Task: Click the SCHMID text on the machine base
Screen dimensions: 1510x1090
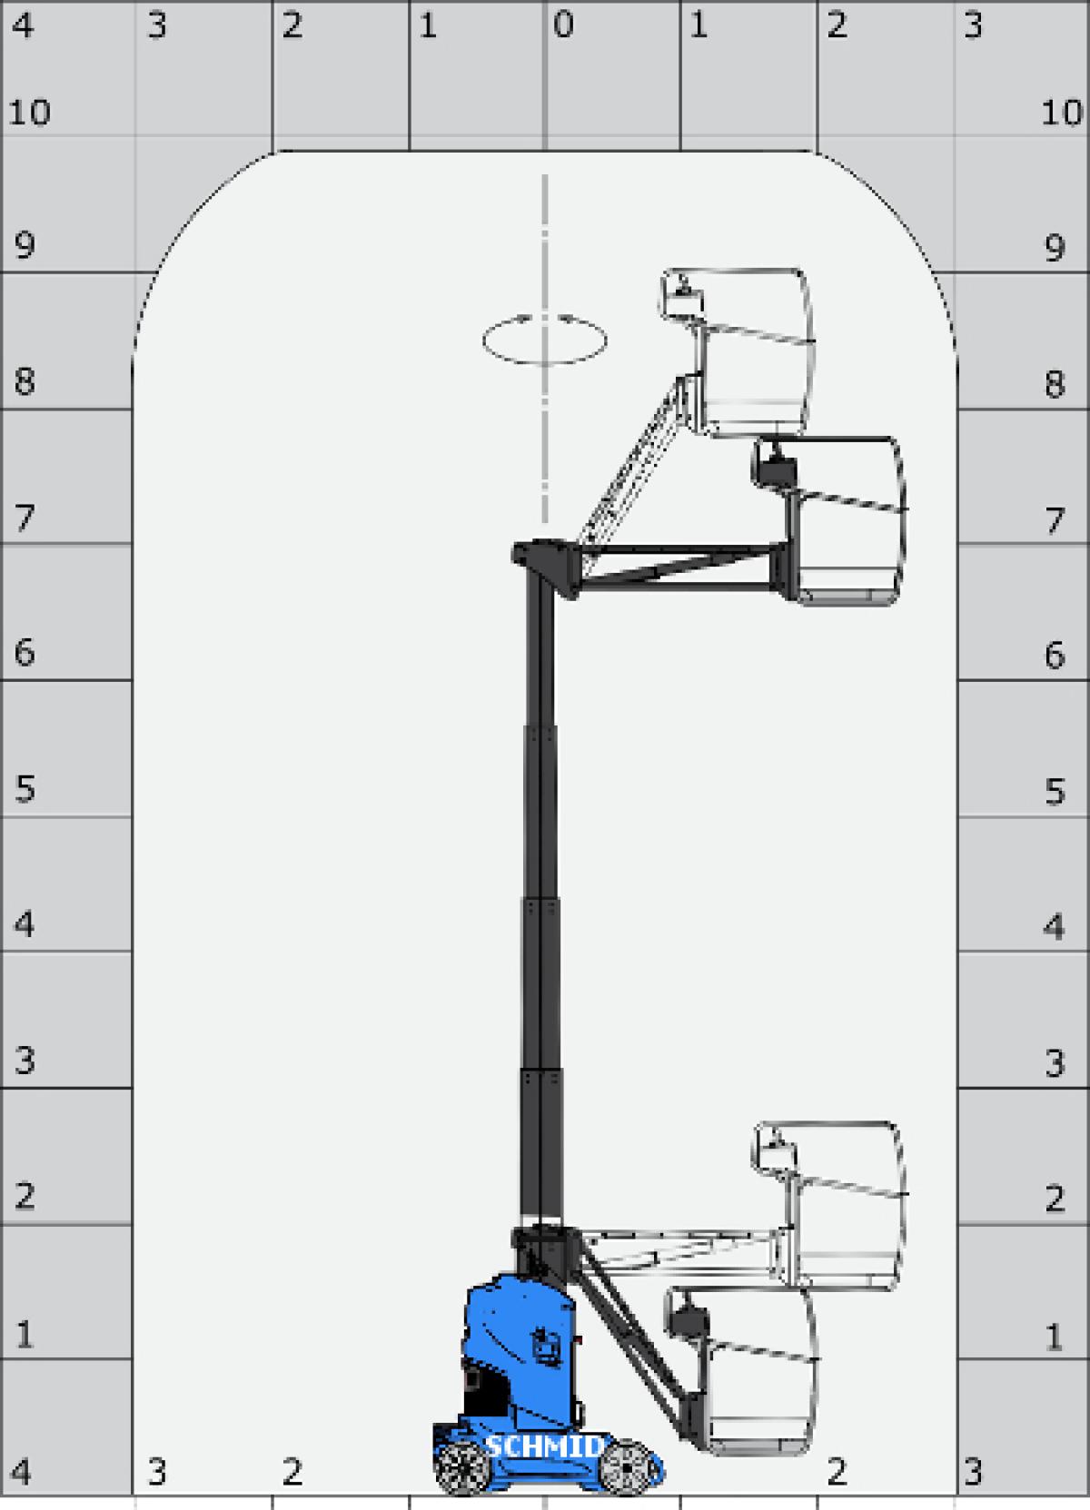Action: point(543,1446)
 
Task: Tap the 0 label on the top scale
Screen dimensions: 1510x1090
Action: point(563,25)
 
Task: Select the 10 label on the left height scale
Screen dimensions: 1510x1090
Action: point(29,113)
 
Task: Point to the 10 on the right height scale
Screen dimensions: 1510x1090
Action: point(1061,113)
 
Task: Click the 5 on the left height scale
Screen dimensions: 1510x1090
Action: point(25,788)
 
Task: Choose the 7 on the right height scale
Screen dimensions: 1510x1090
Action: point(1054,520)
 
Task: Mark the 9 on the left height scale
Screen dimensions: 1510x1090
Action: point(25,246)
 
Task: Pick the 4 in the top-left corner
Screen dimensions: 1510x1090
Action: point(22,25)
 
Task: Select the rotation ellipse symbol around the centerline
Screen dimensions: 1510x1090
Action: point(544,340)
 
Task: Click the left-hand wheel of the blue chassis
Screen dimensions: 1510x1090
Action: point(461,1468)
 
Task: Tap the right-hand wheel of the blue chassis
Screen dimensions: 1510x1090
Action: point(627,1468)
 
